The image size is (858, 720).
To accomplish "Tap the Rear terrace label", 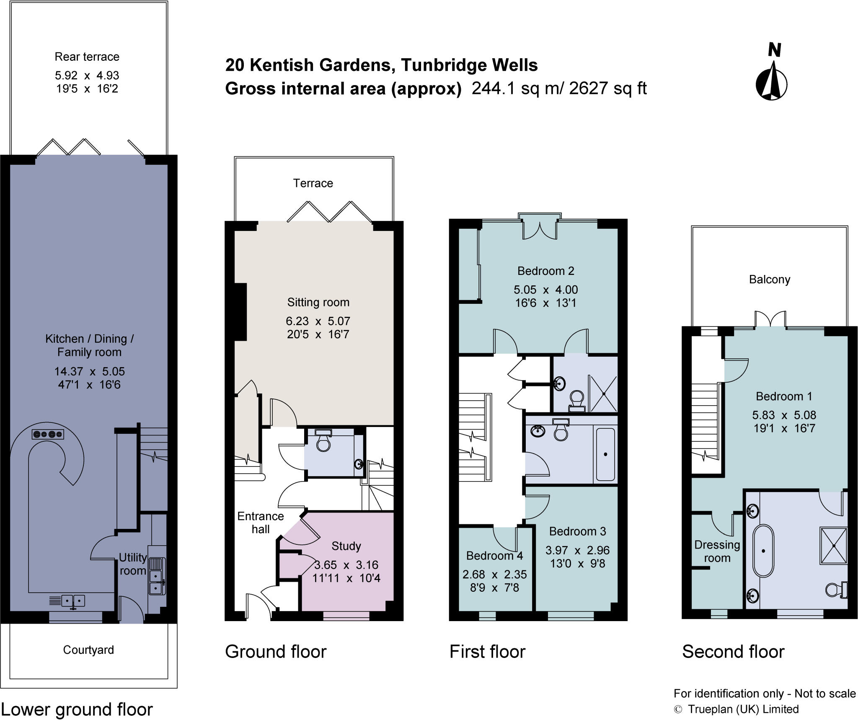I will pyautogui.click(x=87, y=57).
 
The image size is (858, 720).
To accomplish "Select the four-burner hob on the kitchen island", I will pyautogui.click(x=47, y=434).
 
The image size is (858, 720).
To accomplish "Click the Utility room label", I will pyautogui.click(x=132, y=564).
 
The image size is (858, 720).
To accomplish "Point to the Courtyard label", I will pyautogui.click(x=88, y=650).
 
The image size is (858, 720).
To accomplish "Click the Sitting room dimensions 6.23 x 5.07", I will pyautogui.click(x=318, y=321).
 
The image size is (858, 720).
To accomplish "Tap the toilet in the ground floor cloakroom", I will pyautogui.click(x=323, y=441).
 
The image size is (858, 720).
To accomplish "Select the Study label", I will pyautogui.click(x=346, y=546).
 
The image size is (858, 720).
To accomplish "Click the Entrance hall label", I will pyautogui.click(x=260, y=523).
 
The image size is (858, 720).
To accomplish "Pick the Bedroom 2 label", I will pyautogui.click(x=545, y=271).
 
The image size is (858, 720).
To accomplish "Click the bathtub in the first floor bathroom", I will pyautogui.click(x=605, y=454).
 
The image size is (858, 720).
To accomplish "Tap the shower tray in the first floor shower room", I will pyautogui.click(x=603, y=394).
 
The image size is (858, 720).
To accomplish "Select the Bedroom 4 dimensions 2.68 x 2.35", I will pyautogui.click(x=494, y=574).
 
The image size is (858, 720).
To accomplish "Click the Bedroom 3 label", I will pyautogui.click(x=577, y=531).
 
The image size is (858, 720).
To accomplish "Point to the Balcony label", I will pyautogui.click(x=770, y=280).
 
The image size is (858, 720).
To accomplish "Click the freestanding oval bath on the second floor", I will pyautogui.click(x=763, y=551).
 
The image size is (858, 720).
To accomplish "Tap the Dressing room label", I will pyautogui.click(x=717, y=552).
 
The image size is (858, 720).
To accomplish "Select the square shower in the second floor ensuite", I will pyautogui.click(x=834, y=546).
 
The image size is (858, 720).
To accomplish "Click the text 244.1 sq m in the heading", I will pyautogui.click(x=507, y=88).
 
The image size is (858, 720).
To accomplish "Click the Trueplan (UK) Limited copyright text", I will pyautogui.click(x=742, y=709).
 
